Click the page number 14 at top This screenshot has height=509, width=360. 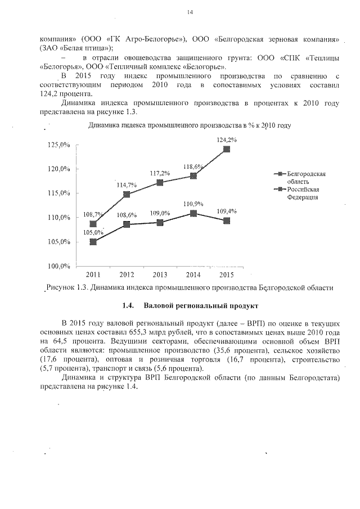coord(190,12)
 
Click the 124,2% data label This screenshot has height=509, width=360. coord(226,139)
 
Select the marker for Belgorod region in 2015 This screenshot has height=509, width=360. coord(226,149)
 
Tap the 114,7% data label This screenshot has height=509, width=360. coord(126,184)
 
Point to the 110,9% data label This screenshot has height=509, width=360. coord(193,204)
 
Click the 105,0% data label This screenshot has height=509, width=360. coord(93,232)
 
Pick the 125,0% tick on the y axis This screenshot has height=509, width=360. coord(59,145)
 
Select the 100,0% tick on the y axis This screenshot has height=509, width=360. coord(59,265)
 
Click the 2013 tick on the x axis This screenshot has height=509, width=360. coord(160,274)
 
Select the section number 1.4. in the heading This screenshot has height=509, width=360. coord(128,307)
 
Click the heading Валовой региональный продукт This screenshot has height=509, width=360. coord(201,307)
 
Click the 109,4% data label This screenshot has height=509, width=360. coord(226,211)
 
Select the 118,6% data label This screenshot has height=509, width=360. coord(193,166)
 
